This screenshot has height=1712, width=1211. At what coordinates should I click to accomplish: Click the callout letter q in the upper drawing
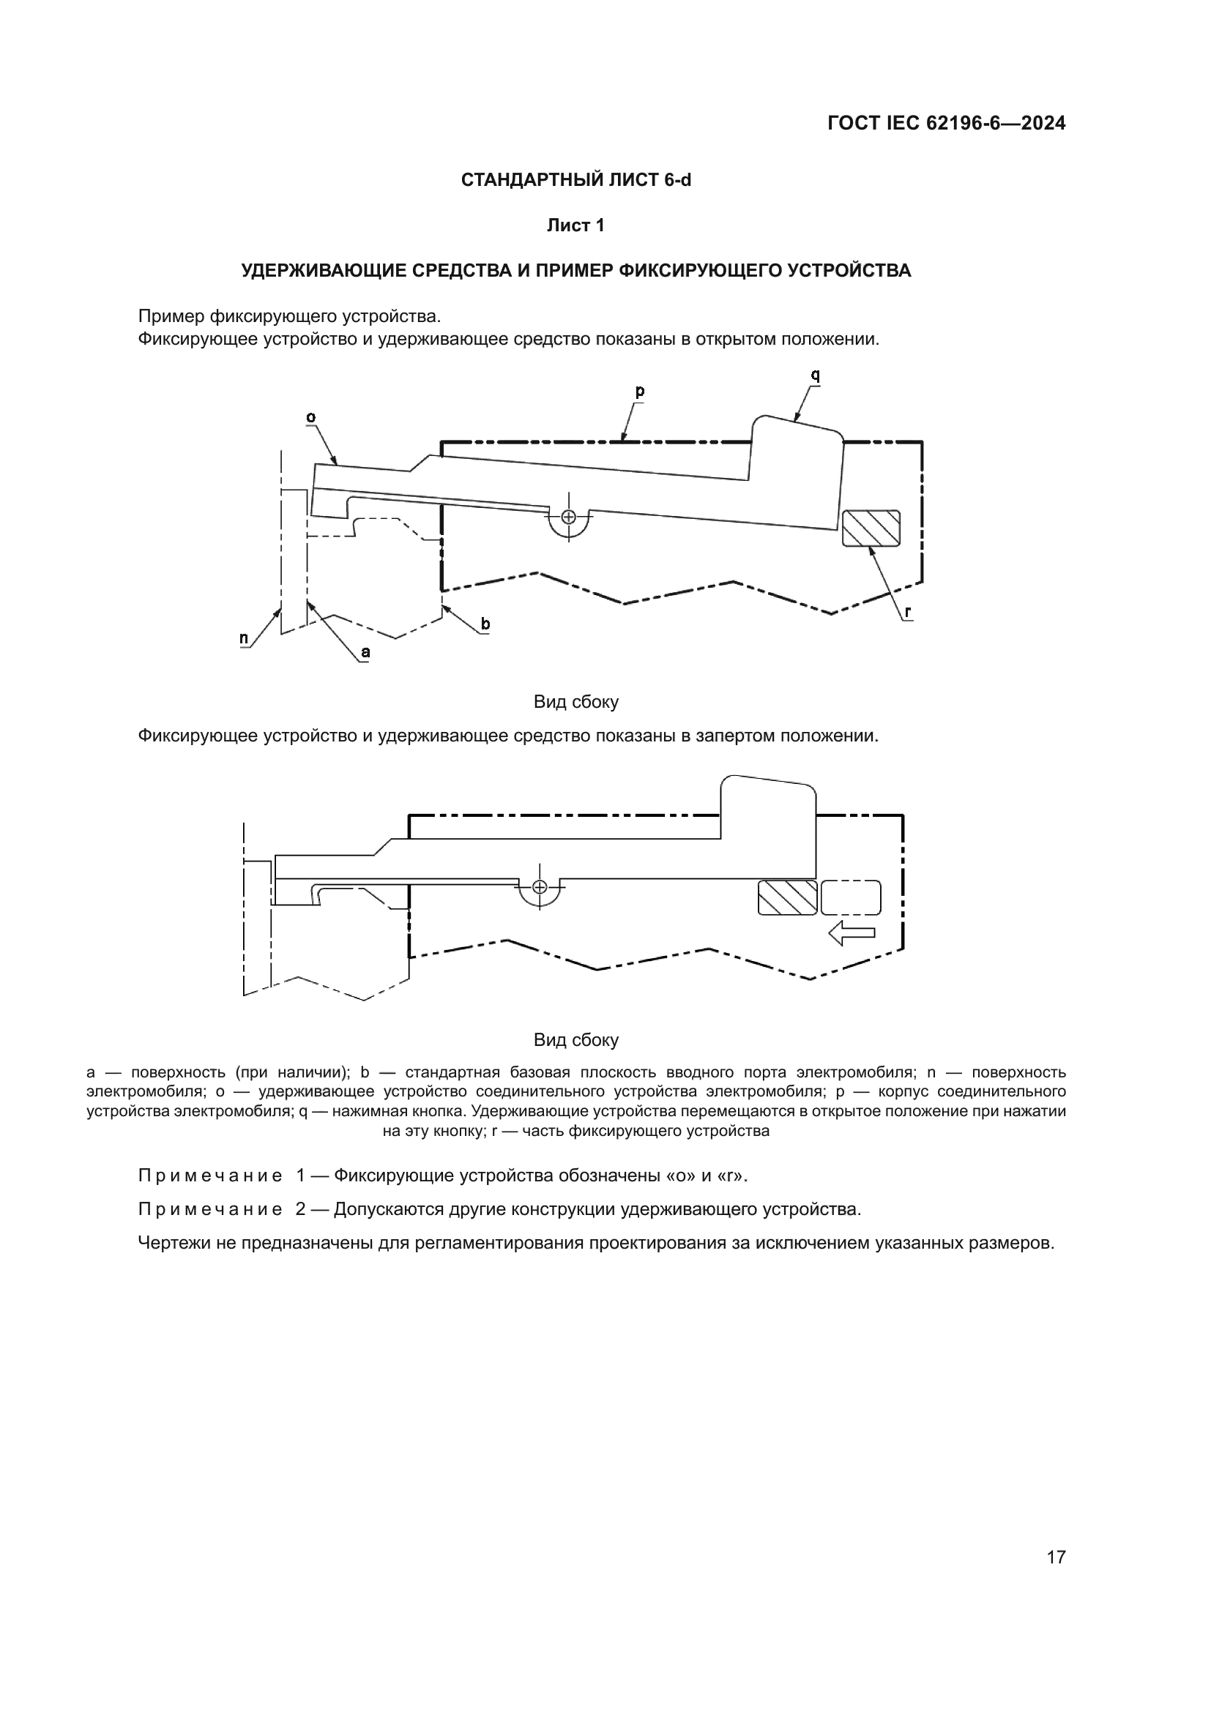pyautogui.click(x=815, y=375)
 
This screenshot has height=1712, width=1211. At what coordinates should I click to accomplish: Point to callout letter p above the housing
pyautogui.click(x=640, y=391)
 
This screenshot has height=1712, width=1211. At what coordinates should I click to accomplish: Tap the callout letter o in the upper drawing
pyautogui.click(x=311, y=416)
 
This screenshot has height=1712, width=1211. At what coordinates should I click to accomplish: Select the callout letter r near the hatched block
pyautogui.click(x=907, y=612)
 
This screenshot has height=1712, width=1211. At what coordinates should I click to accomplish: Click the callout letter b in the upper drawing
pyautogui.click(x=485, y=624)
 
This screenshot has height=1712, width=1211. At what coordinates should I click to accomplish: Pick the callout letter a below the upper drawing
pyautogui.click(x=365, y=652)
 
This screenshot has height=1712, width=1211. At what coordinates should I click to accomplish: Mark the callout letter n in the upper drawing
pyautogui.click(x=244, y=638)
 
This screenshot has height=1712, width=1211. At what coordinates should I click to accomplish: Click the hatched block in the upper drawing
pyautogui.click(x=871, y=528)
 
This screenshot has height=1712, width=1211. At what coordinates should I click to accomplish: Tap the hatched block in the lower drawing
pyautogui.click(x=788, y=898)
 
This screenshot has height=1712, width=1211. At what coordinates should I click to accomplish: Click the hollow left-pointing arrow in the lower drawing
pyautogui.click(x=852, y=932)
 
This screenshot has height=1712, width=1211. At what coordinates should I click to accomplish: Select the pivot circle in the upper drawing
pyautogui.click(x=569, y=517)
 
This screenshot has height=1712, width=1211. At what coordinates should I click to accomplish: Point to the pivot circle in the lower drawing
pyautogui.click(x=540, y=886)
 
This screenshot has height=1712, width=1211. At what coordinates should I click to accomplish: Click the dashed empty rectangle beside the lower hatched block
pyautogui.click(x=851, y=898)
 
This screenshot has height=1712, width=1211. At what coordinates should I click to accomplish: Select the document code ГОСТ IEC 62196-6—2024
pyautogui.click(x=946, y=124)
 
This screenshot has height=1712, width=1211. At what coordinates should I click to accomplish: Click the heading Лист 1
pyautogui.click(x=575, y=225)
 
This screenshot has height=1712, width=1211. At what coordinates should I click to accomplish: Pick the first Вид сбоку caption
pyautogui.click(x=575, y=702)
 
